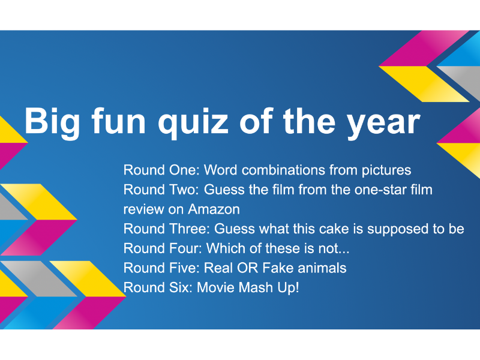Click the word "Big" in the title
pyautogui.click(x=52, y=122)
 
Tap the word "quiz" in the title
pyautogui.click(x=193, y=122)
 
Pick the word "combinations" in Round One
pyautogui.click(x=283, y=170)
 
